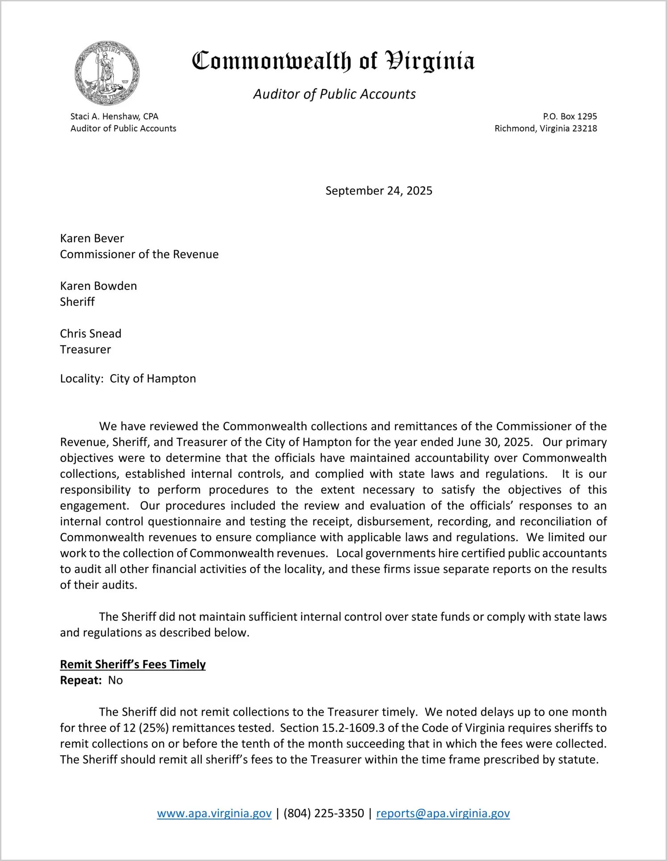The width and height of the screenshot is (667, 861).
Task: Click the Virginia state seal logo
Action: pos(107,73)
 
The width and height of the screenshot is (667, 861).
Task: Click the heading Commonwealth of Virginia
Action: pos(333,61)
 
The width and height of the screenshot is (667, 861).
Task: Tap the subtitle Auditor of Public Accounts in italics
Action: pos(334,94)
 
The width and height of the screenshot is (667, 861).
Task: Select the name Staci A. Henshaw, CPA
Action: pos(114,116)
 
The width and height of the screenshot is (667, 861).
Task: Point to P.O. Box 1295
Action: pos(570,116)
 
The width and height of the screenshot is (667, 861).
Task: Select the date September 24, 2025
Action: pos(379,191)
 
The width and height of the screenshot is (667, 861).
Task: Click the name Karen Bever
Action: pos(92,239)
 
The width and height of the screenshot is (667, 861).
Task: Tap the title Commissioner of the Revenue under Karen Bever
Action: pos(139,254)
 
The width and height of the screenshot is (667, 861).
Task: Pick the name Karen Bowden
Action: pos(98,286)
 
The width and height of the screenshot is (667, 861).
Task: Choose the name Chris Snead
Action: pos(91,334)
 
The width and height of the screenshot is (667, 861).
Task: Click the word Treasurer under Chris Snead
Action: pos(85,350)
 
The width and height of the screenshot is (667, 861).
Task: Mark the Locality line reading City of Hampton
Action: pos(128,379)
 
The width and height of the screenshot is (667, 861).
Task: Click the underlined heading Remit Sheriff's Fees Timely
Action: pos(133,664)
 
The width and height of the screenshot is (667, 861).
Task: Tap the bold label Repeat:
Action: pos(81,680)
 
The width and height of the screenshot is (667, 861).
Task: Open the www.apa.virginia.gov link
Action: pos(214,813)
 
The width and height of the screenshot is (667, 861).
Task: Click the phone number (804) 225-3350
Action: pos(324,813)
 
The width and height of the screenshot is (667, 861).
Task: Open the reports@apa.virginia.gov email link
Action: pos(443,813)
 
